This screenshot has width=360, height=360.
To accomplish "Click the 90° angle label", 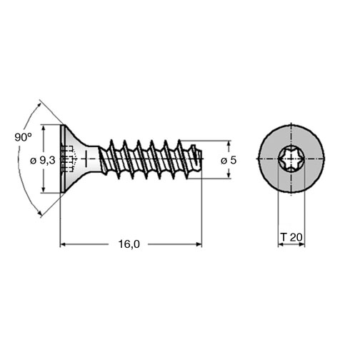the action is click(23, 137).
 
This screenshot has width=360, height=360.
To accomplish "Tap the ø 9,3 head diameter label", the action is click(43, 161).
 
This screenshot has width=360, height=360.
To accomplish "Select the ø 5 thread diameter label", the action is click(229, 160).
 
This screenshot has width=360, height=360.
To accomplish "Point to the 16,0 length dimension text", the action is click(129, 244).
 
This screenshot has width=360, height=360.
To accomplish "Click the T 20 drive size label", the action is click(291, 237).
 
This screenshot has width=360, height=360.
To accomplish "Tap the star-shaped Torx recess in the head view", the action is click(291, 159).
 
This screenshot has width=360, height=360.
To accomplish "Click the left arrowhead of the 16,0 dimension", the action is click(63, 244).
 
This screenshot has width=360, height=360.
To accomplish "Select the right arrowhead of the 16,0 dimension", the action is click(199, 244).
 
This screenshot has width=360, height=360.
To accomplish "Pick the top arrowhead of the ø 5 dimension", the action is click(229, 144).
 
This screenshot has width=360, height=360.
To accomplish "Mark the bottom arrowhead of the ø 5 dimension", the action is click(229, 176).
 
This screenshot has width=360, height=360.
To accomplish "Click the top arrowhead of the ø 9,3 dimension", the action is click(43, 127).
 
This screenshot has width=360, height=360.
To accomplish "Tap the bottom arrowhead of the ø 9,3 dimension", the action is click(43, 190).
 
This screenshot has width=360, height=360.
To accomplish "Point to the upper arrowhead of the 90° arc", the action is click(38, 106).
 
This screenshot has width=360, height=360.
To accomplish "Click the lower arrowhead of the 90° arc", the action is click(39, 213).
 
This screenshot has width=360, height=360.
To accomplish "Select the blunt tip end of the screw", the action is click(201, 159).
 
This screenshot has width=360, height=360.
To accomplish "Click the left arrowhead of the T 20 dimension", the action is click(281, 244).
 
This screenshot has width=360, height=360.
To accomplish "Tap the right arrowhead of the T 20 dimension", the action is click(301, 244).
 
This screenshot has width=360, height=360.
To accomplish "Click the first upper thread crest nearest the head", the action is click(111, 142).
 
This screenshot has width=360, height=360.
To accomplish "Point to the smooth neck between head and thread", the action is click(94, 159).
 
